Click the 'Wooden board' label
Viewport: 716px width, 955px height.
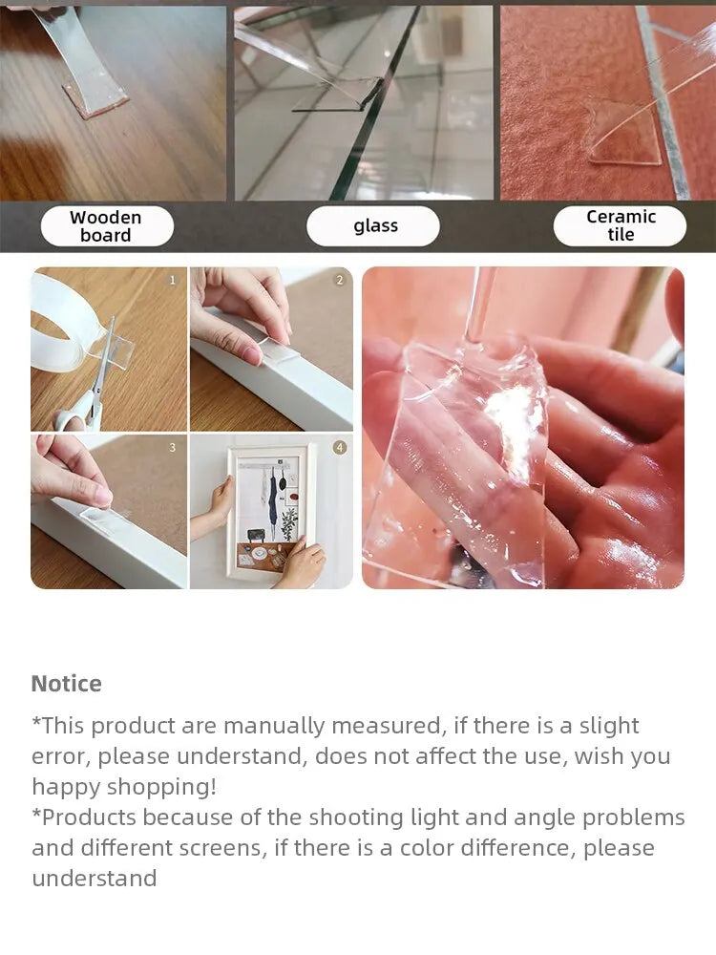107,226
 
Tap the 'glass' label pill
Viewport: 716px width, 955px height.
372,226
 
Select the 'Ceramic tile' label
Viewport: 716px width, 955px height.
620,226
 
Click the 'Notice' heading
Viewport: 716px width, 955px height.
67,684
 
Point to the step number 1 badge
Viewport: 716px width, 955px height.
172,280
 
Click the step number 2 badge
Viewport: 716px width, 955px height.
340,280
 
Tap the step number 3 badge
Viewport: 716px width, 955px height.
172,448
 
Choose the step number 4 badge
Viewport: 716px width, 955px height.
340,448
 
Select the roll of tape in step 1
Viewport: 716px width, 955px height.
61,323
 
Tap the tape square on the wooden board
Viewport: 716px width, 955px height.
95,97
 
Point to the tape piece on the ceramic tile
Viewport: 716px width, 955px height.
624,137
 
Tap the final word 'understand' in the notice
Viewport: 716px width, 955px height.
95,879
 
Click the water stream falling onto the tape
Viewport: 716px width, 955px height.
478,305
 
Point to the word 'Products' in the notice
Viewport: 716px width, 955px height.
89,817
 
